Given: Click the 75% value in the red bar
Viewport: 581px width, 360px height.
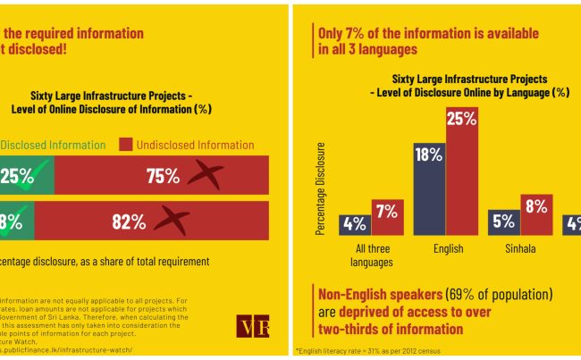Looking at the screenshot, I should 164,176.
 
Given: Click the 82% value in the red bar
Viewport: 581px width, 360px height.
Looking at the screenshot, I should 128,222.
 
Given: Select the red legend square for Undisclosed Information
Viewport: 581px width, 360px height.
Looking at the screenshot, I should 125,145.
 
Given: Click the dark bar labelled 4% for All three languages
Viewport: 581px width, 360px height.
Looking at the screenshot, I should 355,224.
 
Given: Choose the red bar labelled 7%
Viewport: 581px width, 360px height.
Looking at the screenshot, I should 387,216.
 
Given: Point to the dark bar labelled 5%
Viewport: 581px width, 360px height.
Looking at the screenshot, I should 503,222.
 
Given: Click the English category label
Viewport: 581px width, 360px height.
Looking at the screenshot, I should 444,249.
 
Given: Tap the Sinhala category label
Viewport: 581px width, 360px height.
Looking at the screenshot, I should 519,249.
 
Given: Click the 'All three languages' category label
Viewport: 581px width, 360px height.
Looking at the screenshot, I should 372,255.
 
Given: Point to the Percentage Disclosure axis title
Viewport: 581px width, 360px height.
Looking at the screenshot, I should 321,188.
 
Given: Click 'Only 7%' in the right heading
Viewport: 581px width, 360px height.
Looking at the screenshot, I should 345,33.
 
